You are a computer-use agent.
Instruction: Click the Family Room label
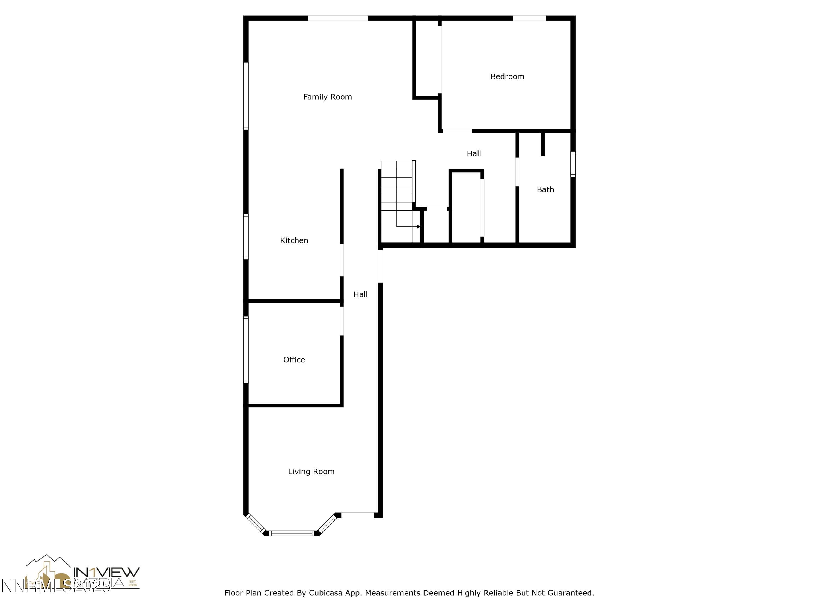(327, 97)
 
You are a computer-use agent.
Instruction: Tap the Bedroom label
(507, 77)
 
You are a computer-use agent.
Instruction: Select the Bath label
(545, 189)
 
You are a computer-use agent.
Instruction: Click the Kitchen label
(294, 241)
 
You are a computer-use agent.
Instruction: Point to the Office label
(294, 360)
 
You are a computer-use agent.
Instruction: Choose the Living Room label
(311, 472)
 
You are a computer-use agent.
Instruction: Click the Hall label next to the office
(360, 295)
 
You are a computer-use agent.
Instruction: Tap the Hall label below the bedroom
(474, 154)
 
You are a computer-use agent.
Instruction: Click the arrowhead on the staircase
(419, 226)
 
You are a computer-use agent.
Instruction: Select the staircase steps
(397, 185)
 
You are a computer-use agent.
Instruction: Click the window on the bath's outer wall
(573, 164)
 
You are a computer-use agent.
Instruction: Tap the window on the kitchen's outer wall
(246, 237)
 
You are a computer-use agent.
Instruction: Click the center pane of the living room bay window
(292, 533)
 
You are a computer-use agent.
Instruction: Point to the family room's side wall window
(246, 96)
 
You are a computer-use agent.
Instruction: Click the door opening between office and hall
(342, 321)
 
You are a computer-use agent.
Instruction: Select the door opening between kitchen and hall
(342, 260)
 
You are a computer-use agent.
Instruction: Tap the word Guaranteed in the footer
(571, 593)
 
